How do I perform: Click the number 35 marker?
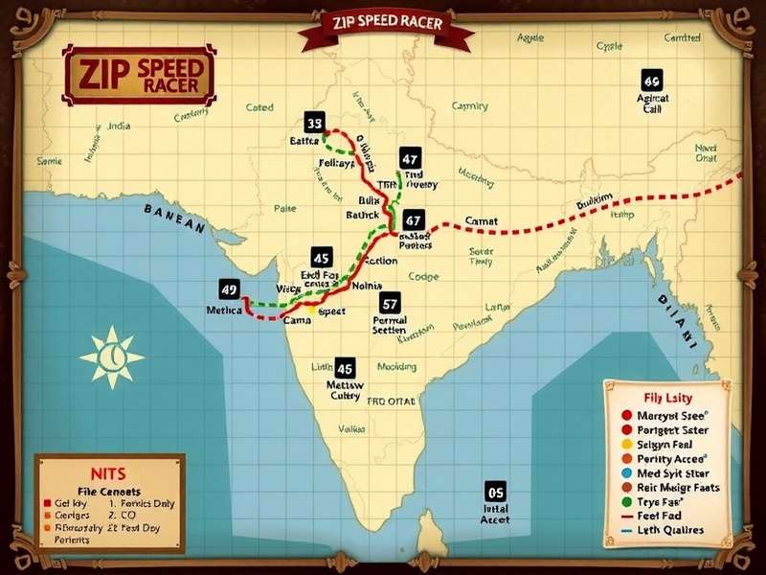click(315, 123)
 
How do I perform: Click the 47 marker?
click(410, 159)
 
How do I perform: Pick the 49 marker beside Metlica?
click(228, 289)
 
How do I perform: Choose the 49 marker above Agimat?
click(651, 80)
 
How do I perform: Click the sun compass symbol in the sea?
click(111, 356)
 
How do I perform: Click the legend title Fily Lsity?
click(666, 397)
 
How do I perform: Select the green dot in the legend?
click(626, 501)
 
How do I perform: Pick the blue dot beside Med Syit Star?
click(626, 472)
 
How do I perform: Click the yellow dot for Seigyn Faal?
click(626, 445)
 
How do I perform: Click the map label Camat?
click(482, 221)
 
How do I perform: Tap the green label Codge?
click(423, 277)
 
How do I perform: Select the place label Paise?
click(284, 207)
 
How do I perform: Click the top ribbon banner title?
click(386, 23)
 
